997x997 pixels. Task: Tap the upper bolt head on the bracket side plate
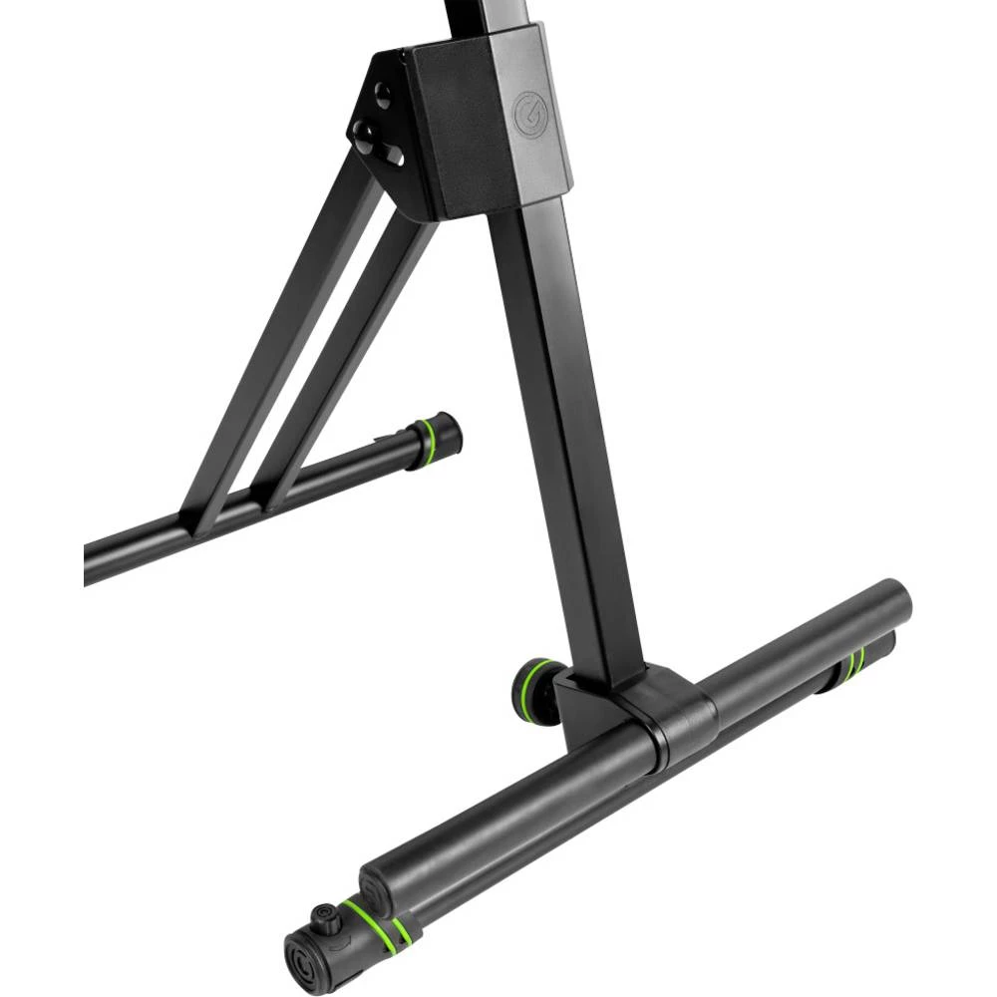pos(382,95)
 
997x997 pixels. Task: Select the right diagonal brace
pos(349,359)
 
